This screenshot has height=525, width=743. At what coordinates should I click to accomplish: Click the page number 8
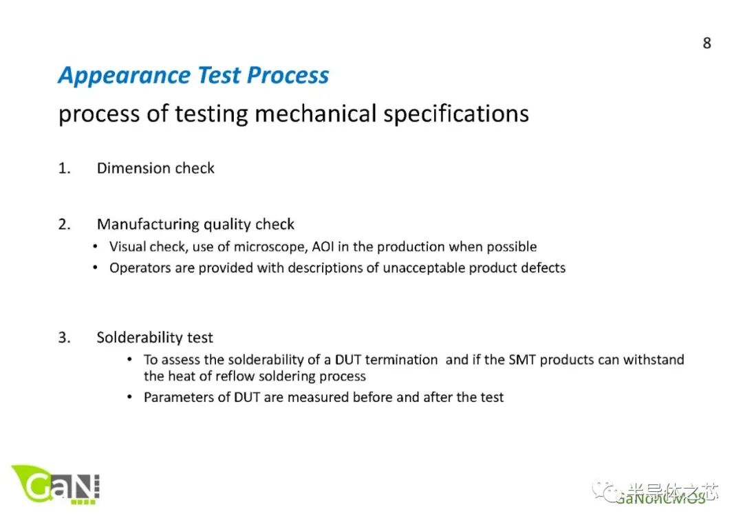tap(707, 43)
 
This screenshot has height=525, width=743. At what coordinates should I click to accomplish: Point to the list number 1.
tap(63, 169)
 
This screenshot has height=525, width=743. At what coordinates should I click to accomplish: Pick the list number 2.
tap(64, 224)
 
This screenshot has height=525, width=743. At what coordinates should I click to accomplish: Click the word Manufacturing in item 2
tap(145, 224)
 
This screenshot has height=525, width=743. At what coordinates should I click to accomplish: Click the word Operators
tap(140, 268)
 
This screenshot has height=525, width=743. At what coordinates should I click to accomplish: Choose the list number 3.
tap(64, 338)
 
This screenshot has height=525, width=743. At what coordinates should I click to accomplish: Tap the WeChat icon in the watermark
tap(610, 491)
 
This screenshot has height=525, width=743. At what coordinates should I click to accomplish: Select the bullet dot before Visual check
tap(96, 247)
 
